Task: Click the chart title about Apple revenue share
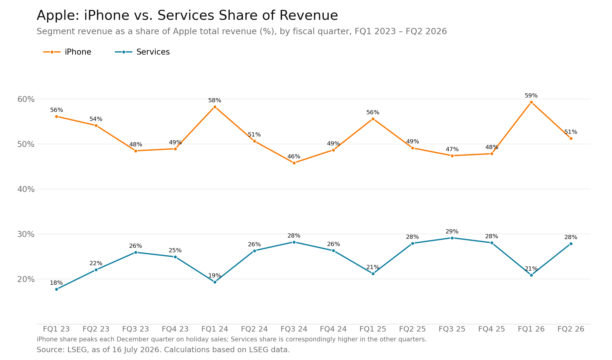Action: click(187, 16)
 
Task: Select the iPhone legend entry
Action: click(67, 52)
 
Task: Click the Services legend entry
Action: click(142, 52)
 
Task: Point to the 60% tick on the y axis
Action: click(26, 99)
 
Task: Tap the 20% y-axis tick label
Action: click(26, 279)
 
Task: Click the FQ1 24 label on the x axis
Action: click(215, 329)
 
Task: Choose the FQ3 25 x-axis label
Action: click(452, 329)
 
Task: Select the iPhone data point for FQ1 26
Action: click(531, 102)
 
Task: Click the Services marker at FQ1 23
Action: click(56, 289)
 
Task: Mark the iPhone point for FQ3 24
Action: click(294, 163)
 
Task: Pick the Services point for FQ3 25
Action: click(452, 238)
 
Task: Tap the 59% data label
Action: click(531, 96)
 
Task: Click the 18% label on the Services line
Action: click(56, 283)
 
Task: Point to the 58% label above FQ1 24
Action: click(214, 100)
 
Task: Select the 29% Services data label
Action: click(452, 232)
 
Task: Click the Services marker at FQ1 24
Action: click(215, 282)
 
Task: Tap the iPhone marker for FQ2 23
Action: click(96, 125)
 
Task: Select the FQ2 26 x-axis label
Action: click(571, 329)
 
